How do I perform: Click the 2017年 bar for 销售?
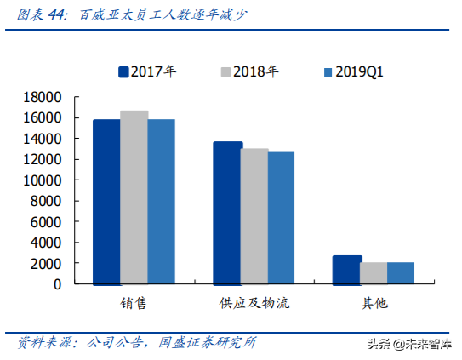pyautogui.click(x=106, y=202)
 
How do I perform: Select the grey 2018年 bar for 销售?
pyautogui.click(x=134, y=197)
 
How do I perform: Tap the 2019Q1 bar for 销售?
pyautogui.click(x=162, y=202)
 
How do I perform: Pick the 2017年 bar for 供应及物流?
pyautogui.click(x=227, y=213)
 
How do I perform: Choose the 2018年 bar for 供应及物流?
pyautogui.click(x=254, y=216)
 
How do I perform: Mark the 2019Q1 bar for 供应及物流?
pyautogui.click(x=282, y=218)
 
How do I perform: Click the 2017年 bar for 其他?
pyautogui.click(x=347, y=270)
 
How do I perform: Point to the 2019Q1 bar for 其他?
pyautogui.click(x=400, y=273)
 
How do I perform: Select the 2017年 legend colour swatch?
pyautogui.click(x=123, y=72)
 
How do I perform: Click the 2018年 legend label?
pyautogui.click(x=254, y=72)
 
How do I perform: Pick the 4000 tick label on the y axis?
pyautogui.click(x=46, y=243)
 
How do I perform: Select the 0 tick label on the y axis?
pyautogui.click(x=57, y=284)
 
